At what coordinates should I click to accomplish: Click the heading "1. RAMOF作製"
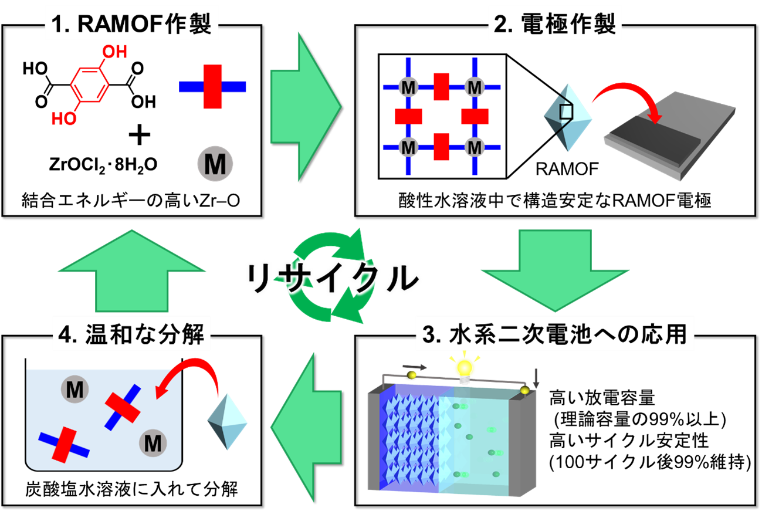[131, 25]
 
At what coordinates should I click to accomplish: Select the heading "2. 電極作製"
[555, 25]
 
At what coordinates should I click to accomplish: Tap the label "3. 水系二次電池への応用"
[554, 336]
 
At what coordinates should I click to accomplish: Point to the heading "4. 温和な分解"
[131, 336]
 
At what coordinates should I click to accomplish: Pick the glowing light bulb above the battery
[465, 368]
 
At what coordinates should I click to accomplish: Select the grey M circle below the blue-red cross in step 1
[215, 165]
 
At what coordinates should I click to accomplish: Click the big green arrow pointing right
[305, 106]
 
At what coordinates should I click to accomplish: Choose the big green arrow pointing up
[133, 269]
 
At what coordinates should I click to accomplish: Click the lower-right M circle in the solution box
[153, 444]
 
